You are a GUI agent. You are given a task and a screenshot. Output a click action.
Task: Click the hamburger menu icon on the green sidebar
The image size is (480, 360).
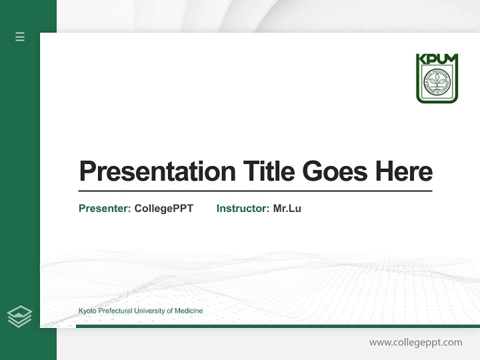point(20,36)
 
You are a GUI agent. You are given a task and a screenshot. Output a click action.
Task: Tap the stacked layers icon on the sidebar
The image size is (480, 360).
point(19,316)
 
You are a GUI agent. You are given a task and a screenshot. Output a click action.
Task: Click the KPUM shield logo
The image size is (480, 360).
point(437,78)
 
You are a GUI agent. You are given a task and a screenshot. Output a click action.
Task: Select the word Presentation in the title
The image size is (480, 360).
point(157,171)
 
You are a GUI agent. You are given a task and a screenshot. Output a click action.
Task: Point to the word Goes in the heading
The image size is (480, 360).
point(334,171)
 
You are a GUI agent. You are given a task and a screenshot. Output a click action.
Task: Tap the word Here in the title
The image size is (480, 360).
point(403,171)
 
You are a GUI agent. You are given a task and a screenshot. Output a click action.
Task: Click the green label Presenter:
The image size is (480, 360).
point(104,208)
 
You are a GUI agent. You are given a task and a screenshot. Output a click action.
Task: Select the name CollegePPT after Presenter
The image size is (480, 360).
point(163,208)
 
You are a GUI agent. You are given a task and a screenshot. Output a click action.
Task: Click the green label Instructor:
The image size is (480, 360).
point(242,208)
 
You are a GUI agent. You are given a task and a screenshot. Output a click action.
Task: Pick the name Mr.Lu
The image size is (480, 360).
point(287,208)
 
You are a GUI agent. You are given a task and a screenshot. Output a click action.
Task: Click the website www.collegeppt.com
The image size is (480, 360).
point(415,342)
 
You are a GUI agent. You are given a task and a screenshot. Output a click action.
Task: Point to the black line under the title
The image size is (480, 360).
point(255,190)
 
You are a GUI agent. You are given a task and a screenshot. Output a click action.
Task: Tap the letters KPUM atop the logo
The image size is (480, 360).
point(437,59)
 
